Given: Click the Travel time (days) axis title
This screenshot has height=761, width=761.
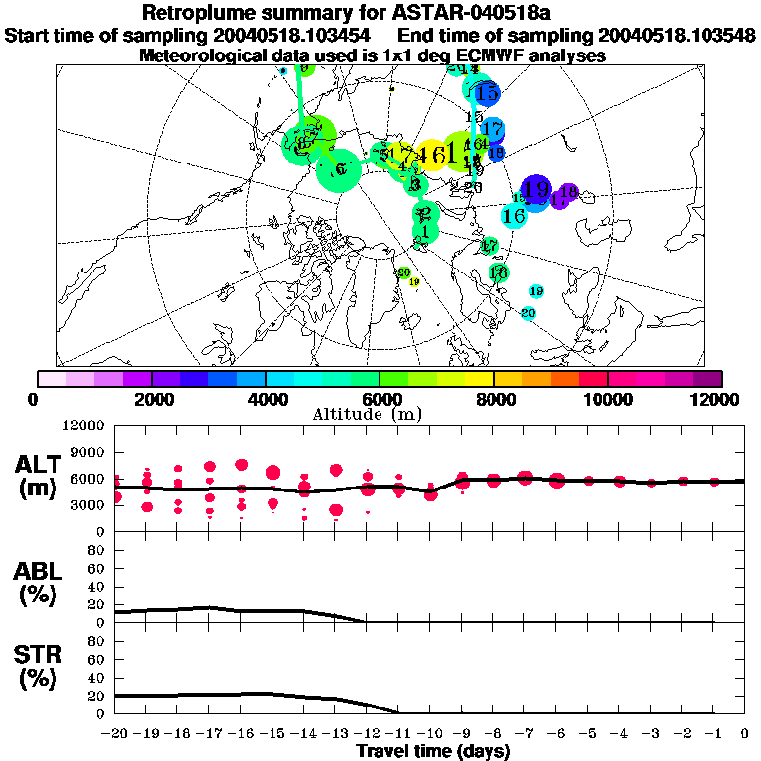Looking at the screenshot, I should coord(433,752).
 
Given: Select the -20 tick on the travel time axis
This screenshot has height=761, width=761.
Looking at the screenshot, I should coord(114,734).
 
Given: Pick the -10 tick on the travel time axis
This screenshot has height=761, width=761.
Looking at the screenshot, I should coord(429,734).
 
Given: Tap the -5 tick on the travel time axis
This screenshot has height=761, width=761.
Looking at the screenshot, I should coord(588,734).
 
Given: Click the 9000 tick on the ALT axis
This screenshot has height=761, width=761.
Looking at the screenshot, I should coord(83,452).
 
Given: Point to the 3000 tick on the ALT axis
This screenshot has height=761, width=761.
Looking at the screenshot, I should coord(83,504).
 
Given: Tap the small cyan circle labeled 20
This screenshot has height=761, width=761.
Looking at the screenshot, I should coord(528,313).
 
